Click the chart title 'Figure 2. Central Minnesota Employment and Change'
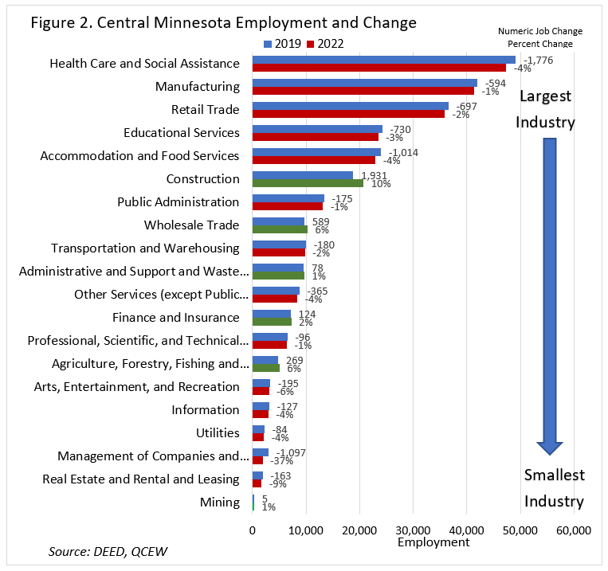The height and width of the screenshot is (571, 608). (x=223, y=22)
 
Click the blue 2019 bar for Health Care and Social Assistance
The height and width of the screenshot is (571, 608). (x=383, y=60)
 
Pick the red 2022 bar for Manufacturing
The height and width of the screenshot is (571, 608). (x=363, y=91)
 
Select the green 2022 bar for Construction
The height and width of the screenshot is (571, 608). (x=308, y=183)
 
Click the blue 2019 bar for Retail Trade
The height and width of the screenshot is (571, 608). (x=350, y=105)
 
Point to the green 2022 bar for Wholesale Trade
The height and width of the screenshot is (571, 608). (x=280, y=229)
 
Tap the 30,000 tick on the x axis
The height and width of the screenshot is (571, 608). (x=413, y=530)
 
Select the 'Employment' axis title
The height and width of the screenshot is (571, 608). (x=433, y=542)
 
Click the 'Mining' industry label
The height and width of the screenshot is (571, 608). (x=220, y=502)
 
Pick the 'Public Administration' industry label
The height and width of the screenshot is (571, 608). (x=178, y=201)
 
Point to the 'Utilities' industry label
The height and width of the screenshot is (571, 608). (x=218, y=432)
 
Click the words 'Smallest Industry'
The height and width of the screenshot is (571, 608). (x=554, y=488)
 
